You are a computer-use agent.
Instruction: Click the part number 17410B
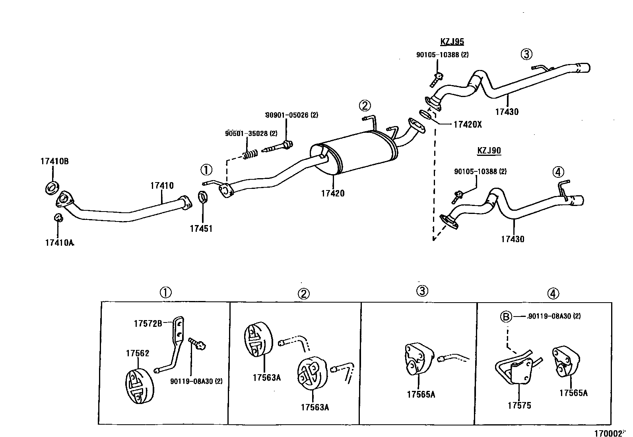(x=54, y=161)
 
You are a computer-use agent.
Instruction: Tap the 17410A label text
(x=60, y=243)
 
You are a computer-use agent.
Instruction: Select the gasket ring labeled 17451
(x=203, y=196)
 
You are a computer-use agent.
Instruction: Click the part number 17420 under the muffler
(x=333, y=194)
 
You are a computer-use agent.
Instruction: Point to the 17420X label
(x=468, y=124)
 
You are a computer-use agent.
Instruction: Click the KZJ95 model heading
(x=452, y=42)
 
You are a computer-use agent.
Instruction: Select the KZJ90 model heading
(x=489, y=151)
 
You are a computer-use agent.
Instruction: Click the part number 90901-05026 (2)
(x=292, y=115)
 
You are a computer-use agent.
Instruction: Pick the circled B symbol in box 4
(x=505, y=317)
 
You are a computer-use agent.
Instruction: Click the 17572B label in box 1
(x=148, y=323)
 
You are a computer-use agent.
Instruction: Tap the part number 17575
(x=519, y=406)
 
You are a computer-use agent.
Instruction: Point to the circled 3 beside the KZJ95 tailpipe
(x=526, y=54)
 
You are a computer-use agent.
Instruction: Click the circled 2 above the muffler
(x=365, y=105)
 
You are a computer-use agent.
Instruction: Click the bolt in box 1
(x=197, y=343)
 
